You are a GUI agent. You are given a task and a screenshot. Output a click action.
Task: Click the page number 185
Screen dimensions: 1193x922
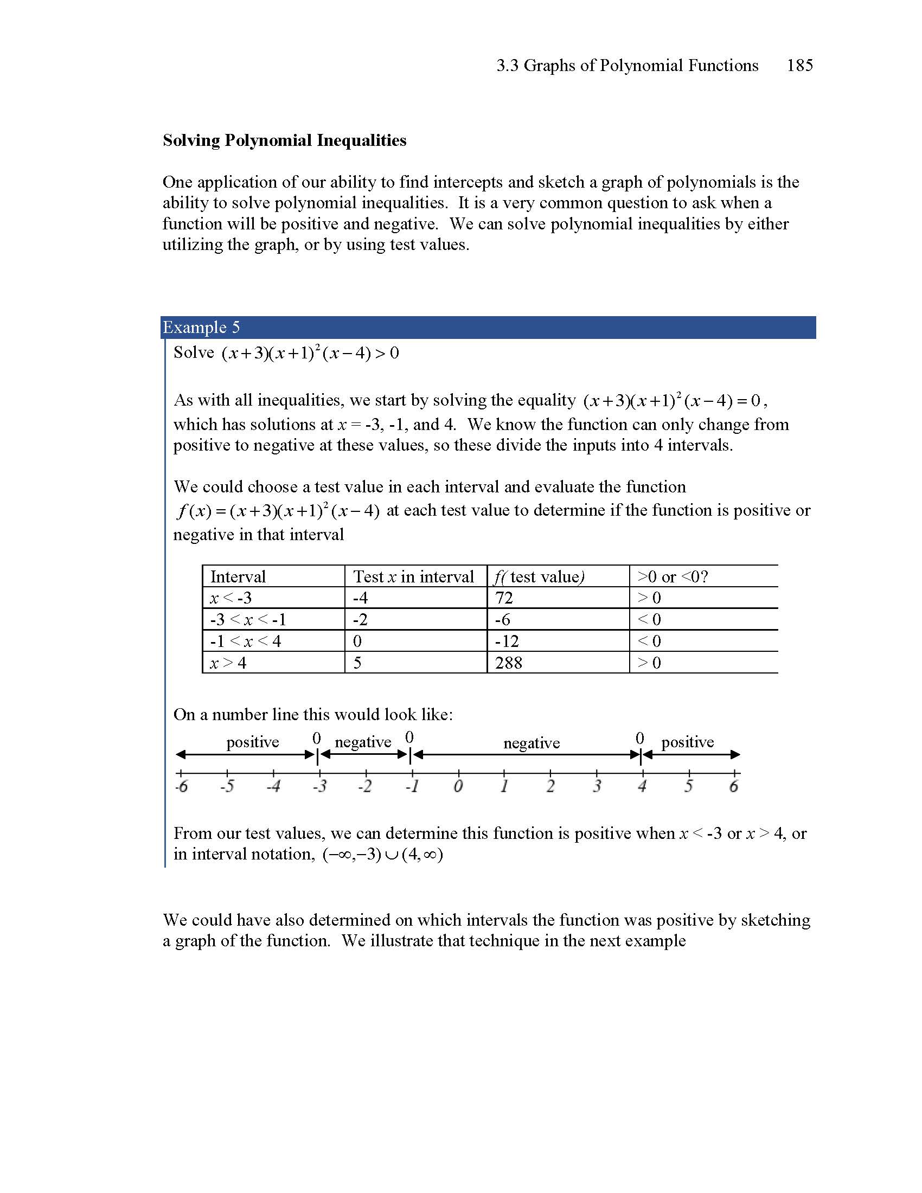[x=799, y=66]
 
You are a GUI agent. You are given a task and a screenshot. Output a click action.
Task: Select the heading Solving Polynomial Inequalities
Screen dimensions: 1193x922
[x=285, y=140]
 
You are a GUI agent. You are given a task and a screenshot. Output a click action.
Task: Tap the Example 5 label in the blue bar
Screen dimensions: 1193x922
[x=201, y=327]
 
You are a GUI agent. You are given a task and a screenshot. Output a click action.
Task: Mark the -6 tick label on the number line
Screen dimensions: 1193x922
[x=181, y=787]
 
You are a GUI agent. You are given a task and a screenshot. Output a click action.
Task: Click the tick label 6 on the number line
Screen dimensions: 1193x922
[x=734, y=787]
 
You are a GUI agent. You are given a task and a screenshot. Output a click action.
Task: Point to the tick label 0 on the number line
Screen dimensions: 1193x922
[x=458, y=787]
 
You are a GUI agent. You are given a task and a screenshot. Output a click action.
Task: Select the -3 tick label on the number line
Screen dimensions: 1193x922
[x=319, y=787]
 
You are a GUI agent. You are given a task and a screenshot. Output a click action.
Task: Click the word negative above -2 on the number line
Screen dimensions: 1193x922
[x=363, y=742]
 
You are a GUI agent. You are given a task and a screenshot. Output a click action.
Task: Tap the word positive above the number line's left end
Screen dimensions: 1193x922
[x=252, y=742]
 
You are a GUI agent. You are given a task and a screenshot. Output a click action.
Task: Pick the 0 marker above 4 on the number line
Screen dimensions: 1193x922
[x=640, y=739]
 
